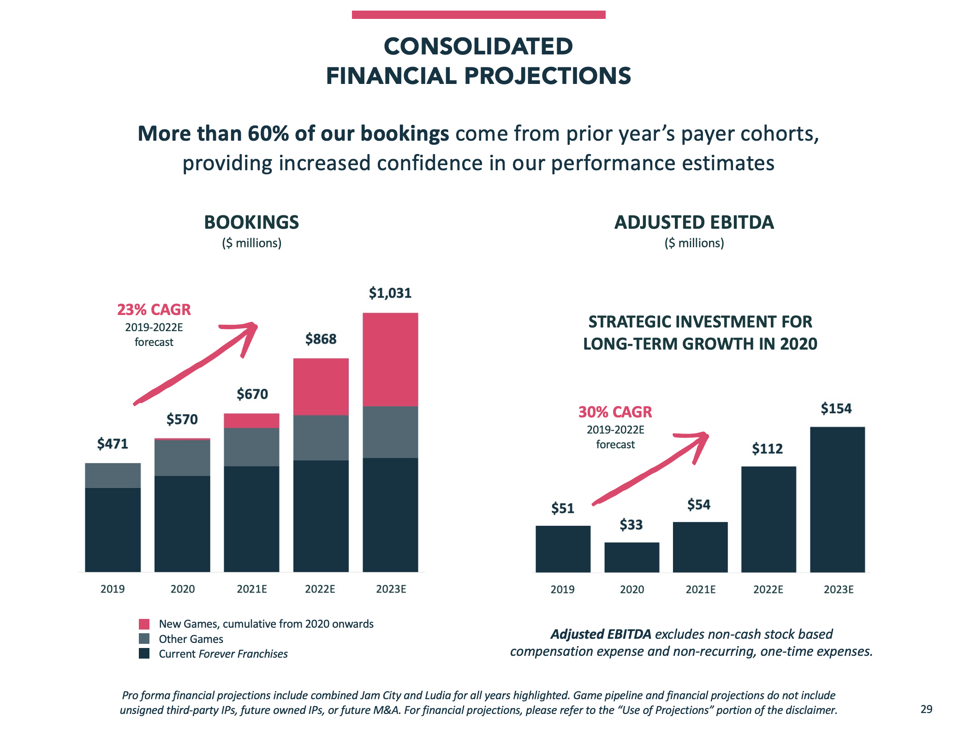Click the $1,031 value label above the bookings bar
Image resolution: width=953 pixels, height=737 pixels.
pyautogui.click(x=390, y=293)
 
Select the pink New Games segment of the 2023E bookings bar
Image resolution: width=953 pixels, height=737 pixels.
pyautogui.click(x=390, y=359)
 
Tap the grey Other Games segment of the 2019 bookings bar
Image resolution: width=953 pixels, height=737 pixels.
pyautogui.click(x=113, y=475)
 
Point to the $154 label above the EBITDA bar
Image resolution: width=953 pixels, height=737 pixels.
pyautogui.click(x=836, y=409)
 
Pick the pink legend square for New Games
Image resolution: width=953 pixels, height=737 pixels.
pyautogui.click(x=144, y=624)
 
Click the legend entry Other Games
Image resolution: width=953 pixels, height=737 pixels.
pyautogui.click(x=191, y=639)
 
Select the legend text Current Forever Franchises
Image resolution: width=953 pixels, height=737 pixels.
pyautogui.click(x=223, y=654)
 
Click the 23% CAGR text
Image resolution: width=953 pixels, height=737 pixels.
pyautogui.click(x=154, y=309)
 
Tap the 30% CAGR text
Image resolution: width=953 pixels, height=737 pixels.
pyautogui.click(x=615, y=412)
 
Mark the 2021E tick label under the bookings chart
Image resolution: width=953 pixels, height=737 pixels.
pyautogui.click(x=252, y=589)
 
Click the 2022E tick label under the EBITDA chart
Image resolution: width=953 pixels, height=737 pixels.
pyautogui.click(x=768, y=589)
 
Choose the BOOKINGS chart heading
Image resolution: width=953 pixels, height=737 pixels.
pyautogui.click(x=251, y=222)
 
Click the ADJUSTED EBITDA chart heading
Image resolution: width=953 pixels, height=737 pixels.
pyautogui.click(x=694, y=222)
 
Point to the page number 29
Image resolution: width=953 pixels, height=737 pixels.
pyautogui.click(x=926, y=709)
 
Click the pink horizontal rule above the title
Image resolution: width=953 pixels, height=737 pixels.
pyautogui.click(x=478, y=15)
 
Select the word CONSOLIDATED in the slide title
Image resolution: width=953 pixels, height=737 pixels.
pyautogui.click(x=478, y=46)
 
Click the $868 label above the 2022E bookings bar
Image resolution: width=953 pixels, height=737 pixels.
pyautogui.click(x=321, y=339)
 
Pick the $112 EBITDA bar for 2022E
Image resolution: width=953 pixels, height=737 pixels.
pyautogui.click(x=768, y=519)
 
